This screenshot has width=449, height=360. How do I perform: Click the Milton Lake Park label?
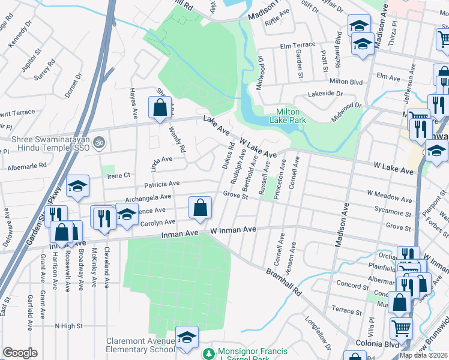(291, 116)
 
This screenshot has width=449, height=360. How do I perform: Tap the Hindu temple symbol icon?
(100, 143)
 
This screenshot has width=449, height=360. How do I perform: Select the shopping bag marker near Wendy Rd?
(160, 109)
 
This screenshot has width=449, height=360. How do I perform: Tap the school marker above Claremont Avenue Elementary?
(187, 338)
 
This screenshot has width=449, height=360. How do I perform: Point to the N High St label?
(68, 326)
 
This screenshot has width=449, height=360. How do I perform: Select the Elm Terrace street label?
(297, 46)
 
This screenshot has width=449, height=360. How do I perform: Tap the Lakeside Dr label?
(325, 94)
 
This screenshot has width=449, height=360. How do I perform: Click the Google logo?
(20, 353)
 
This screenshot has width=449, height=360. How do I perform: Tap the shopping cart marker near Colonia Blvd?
(400, 328)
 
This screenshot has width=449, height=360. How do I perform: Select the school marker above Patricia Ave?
(77, 187)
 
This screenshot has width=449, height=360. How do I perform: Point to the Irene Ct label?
(118, 175)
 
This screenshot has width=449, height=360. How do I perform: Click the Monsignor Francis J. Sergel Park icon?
(208, 354)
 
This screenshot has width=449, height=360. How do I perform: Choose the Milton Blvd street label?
(346, 81)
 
